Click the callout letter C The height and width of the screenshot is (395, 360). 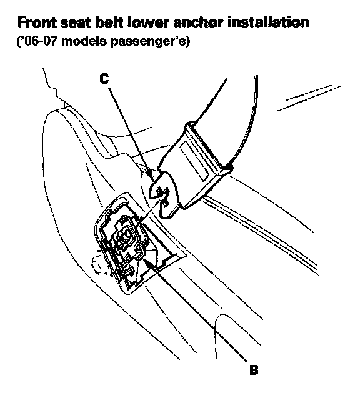point(104,78)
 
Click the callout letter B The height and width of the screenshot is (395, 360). point(254,370)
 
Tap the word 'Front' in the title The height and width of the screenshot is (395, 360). point(37,22)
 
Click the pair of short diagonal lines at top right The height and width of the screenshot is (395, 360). point(309,97)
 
